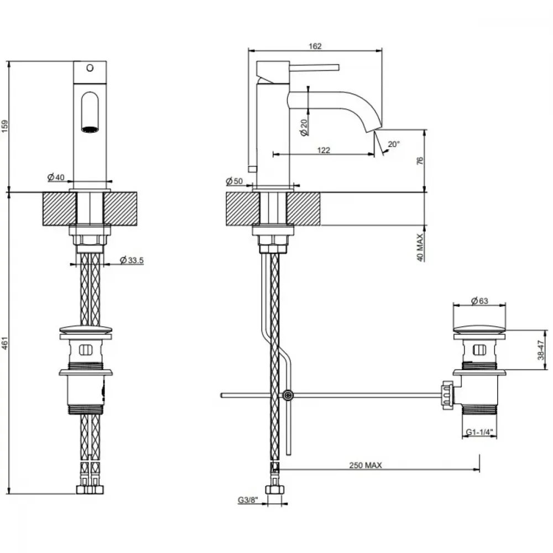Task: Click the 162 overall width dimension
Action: coord(315,46)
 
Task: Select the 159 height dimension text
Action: coord(5,126)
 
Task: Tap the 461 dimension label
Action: coord(5,343)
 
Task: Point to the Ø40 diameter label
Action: coord(56,177)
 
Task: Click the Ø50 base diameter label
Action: coord(234,181)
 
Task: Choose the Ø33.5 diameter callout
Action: coord(132,260)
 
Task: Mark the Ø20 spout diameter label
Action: coord(304,127)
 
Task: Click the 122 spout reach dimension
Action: coord(324,150)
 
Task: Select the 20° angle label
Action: coord(394,144)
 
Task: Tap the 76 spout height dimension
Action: coord(420,161)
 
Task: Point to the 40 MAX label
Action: coord(420,247)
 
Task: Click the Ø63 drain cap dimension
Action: coord(479,301)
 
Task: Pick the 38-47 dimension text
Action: coord(541,350)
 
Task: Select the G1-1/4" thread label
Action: coord(479,432)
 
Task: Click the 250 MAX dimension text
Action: coord(366,465)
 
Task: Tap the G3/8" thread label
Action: coord(248,500)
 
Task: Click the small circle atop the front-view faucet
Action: coord(90,67)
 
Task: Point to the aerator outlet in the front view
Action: coord(90,129)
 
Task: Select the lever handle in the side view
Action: coord(314,67)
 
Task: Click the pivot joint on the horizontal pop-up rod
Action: coord(288,395)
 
